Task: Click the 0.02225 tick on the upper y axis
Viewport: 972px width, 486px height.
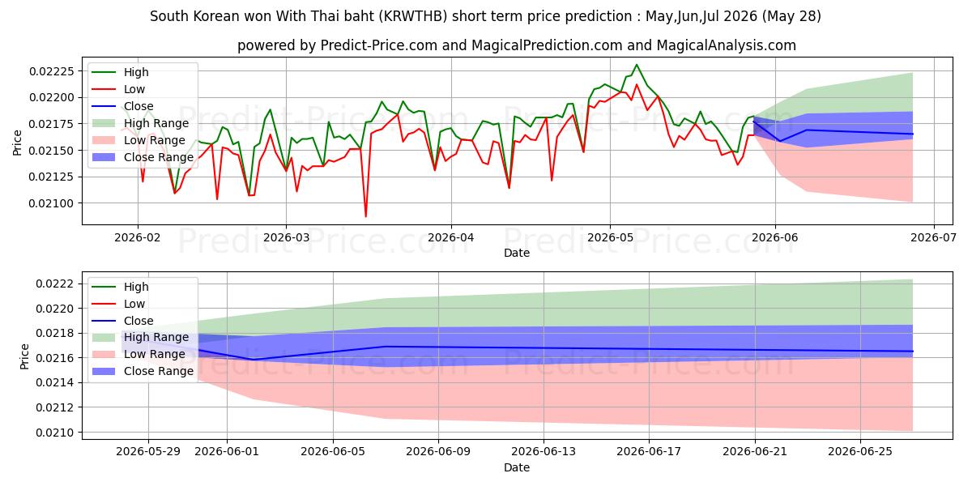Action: [52, 71]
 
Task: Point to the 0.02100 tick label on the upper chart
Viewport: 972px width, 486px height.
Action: [52, 203]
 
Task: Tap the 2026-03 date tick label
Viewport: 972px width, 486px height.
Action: [287, 237]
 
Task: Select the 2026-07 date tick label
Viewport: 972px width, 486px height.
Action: [933, 237]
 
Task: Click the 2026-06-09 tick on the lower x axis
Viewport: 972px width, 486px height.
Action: [438, 451]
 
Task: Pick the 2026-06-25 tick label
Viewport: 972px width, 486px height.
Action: [860, 451]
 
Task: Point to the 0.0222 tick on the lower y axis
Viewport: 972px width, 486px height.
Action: [55, 283]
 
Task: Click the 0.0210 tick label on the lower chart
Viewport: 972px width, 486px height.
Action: [55, 433]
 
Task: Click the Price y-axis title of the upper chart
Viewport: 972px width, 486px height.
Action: [17, 143]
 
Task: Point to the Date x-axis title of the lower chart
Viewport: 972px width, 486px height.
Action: [517, 467]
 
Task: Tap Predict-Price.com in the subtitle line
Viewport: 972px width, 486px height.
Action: [378, 45]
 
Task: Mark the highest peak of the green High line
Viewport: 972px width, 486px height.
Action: [637, 65]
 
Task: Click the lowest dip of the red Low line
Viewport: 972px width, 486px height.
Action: [366, 216]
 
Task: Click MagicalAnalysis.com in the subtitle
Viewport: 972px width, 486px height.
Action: [726, 45]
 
